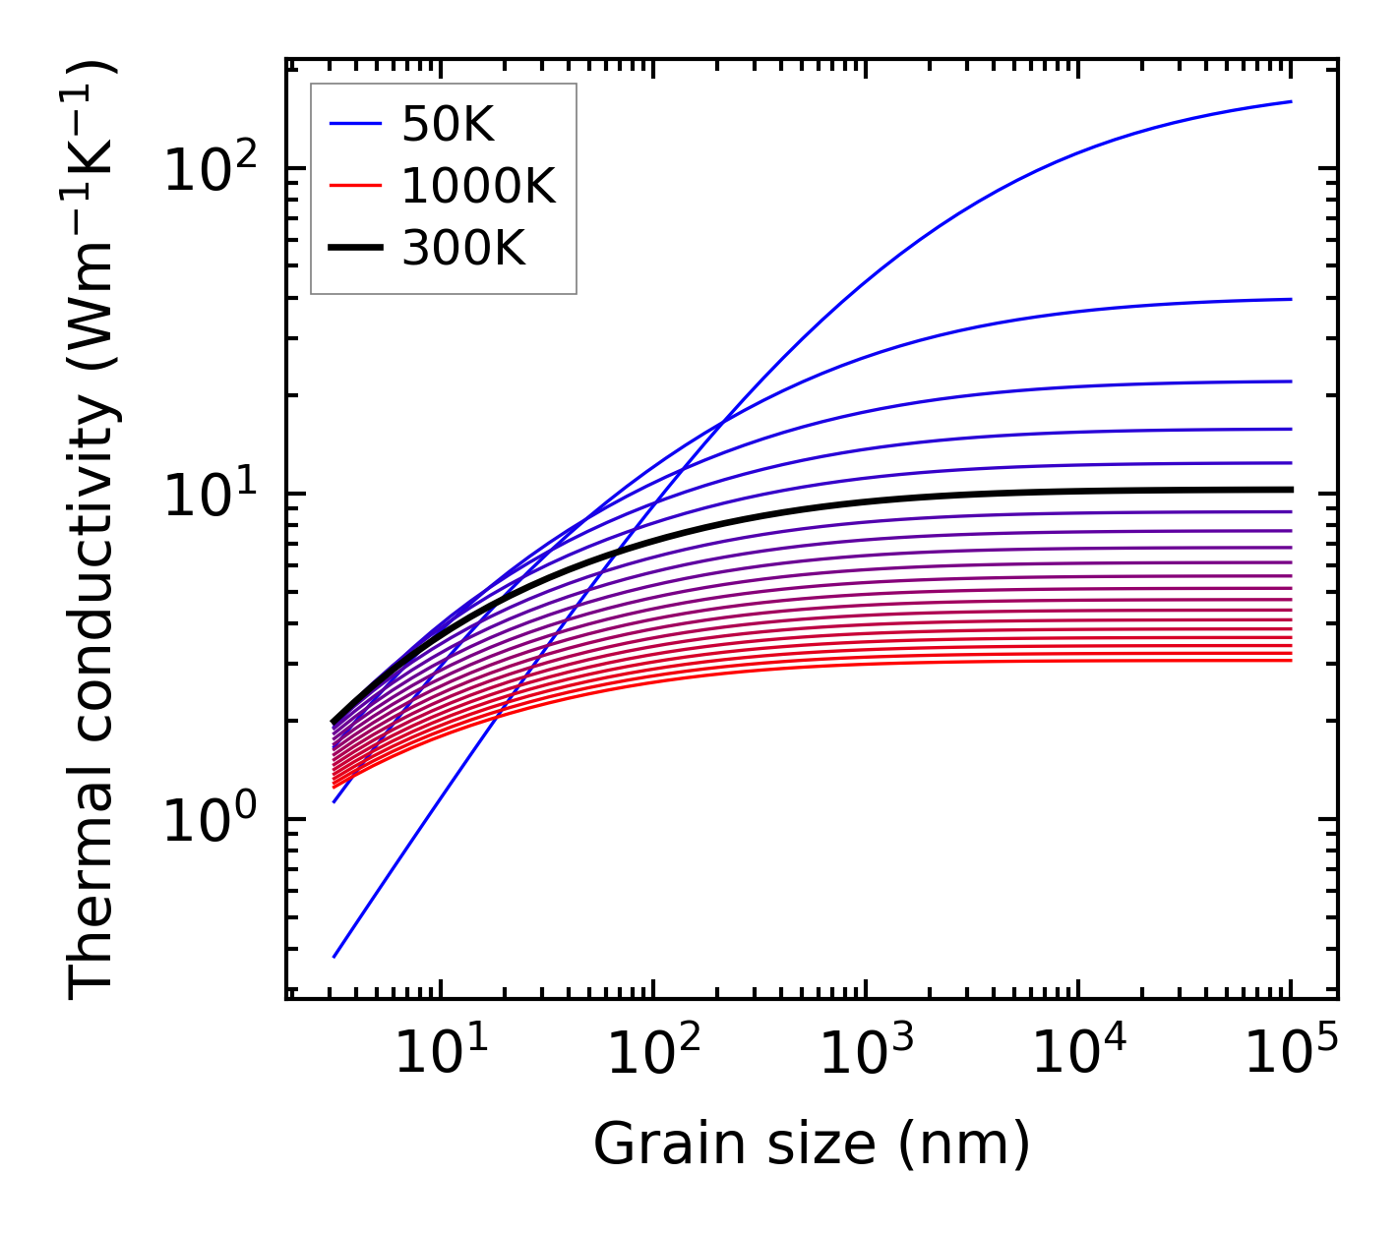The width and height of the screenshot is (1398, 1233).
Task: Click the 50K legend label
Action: [448, 124]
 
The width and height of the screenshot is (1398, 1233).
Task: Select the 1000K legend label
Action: [478, 186]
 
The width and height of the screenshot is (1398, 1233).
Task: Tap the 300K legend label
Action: [463, 249]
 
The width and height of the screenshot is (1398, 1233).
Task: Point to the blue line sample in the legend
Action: [355, 124]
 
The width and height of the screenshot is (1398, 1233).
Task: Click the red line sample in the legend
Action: [355, 186]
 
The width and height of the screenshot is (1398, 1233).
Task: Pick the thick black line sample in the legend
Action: [355, 249]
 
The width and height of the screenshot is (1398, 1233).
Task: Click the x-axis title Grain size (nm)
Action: [812, 1145]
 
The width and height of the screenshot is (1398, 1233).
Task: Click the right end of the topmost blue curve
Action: [1291, 101]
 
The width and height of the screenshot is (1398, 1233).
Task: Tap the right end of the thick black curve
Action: [1291, 489]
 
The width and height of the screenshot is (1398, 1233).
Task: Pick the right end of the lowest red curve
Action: [1291, 660]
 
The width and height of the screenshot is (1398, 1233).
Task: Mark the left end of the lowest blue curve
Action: [334, 957]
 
